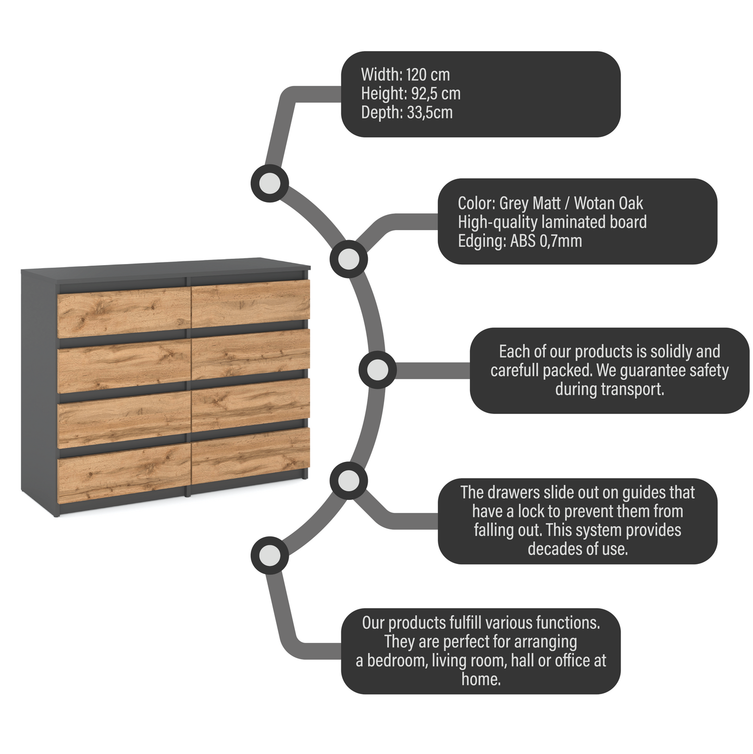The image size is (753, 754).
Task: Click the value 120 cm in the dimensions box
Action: [x=427, y=75]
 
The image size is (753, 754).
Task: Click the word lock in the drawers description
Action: [x=531, y=511]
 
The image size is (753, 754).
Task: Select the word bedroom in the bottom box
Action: [x=397, y=661]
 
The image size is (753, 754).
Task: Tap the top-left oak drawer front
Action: [x=124, y=312]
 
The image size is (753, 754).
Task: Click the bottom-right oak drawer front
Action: [x=251, y=455]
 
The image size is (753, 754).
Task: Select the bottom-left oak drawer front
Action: [x=124, y=474]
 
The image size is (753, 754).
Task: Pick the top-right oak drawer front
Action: [x=251, y=304]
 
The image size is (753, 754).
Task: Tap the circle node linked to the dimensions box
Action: [x=269, y=183]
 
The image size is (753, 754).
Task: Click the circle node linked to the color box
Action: [x=349, y=259]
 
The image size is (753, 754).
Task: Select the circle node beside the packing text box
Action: [x=377, y=370]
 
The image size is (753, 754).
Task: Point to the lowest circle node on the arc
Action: [x=269, y=556]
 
